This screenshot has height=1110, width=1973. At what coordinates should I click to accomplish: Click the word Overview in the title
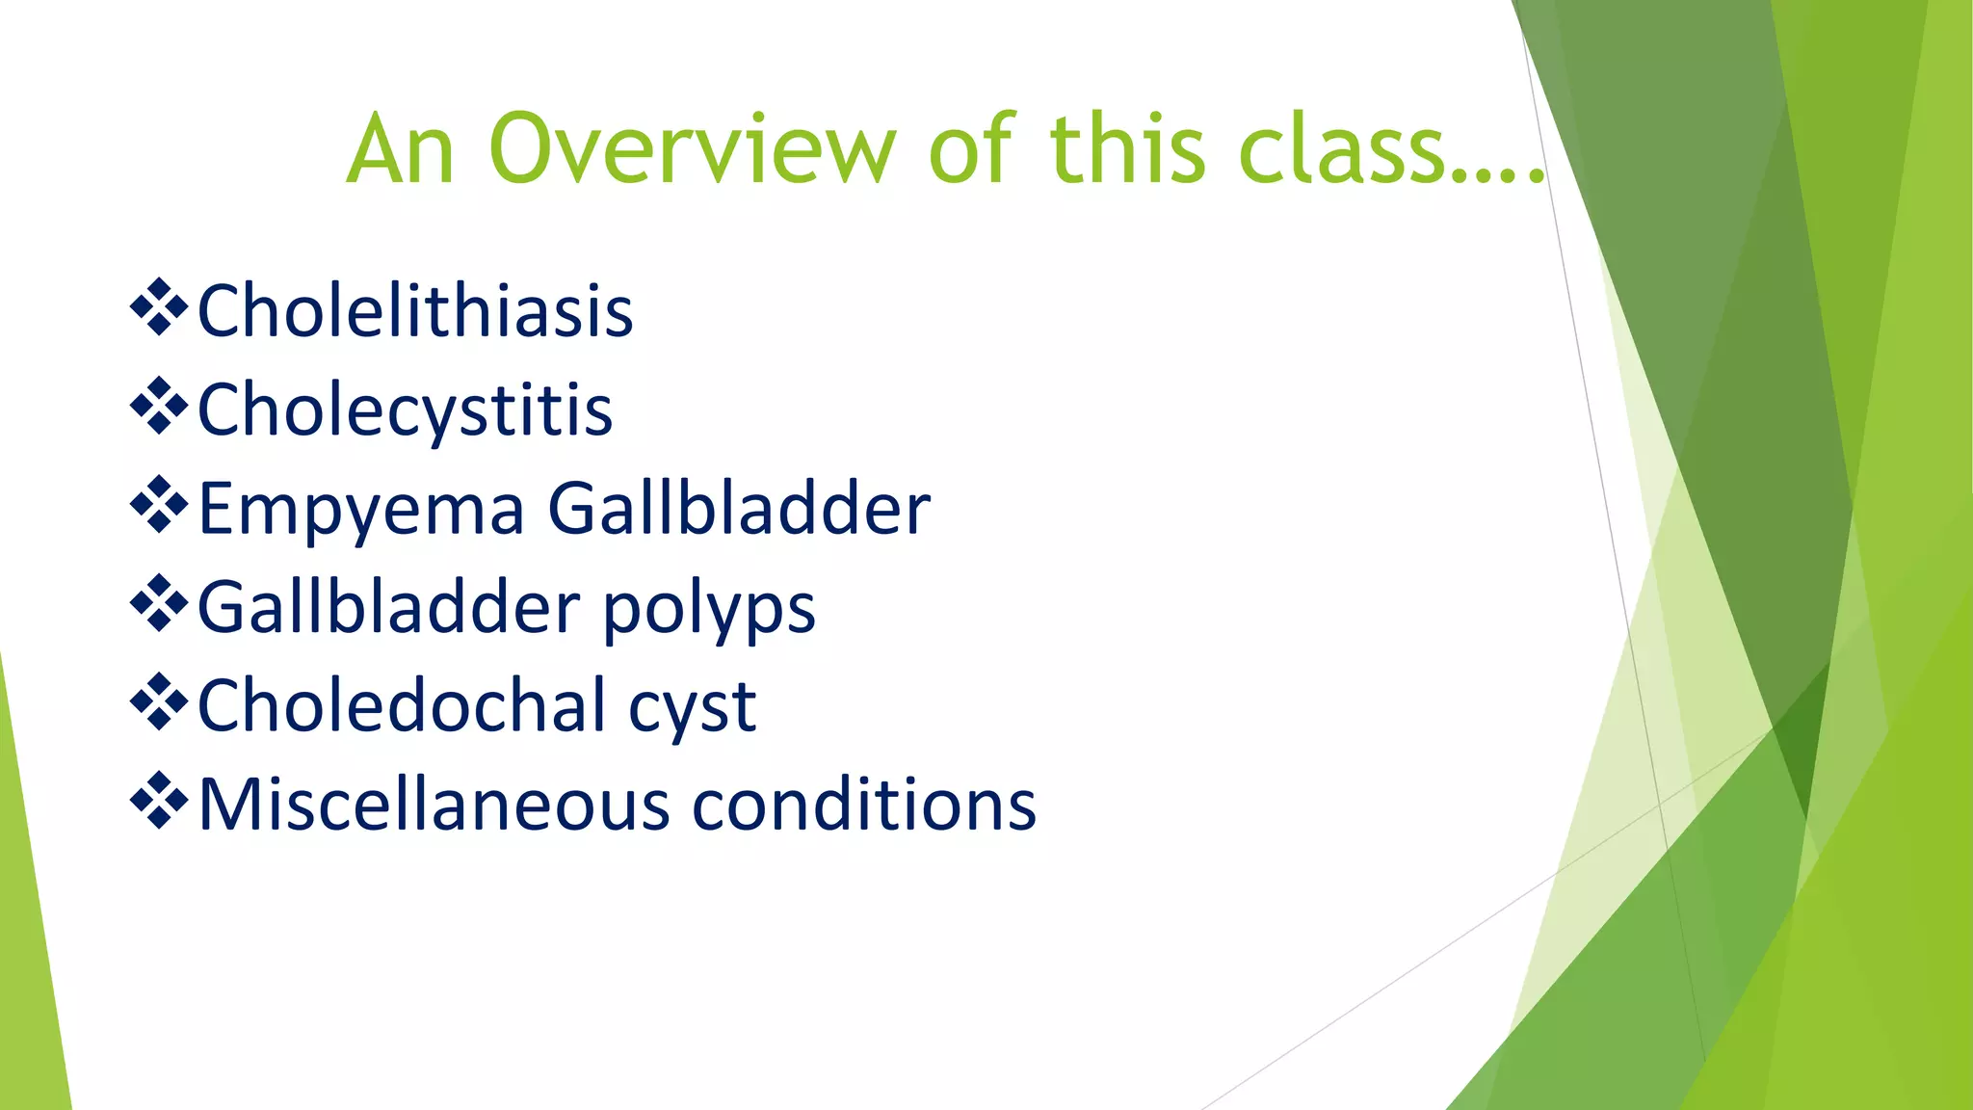(692, 149)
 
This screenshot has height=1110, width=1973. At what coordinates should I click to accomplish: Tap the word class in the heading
(1344, 149)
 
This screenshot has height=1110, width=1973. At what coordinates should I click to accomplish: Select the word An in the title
(401, 149)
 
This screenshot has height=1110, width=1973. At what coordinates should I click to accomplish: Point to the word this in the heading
(1126, 149)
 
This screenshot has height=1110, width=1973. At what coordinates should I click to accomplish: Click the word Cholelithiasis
(415, 311)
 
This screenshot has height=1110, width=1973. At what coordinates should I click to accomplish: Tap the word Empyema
(361, 509)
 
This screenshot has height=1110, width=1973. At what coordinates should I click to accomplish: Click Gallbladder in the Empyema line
(739, 509)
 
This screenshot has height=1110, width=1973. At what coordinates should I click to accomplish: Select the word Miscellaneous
(434, 805)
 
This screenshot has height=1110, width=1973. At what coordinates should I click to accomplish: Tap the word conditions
(864, 805)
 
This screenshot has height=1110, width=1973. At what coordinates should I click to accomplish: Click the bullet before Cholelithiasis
(159, 308)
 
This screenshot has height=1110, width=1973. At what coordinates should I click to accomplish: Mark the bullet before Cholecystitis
(159, 407)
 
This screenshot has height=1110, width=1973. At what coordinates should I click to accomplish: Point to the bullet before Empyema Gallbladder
(159, 506)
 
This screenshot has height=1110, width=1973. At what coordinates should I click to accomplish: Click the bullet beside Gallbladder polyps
(159, 605)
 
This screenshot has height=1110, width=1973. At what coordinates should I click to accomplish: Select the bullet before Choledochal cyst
(159, 703)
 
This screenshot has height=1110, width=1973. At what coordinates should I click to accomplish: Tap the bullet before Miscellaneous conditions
(159, 802)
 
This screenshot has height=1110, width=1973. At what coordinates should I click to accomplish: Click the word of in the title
(971, 149)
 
